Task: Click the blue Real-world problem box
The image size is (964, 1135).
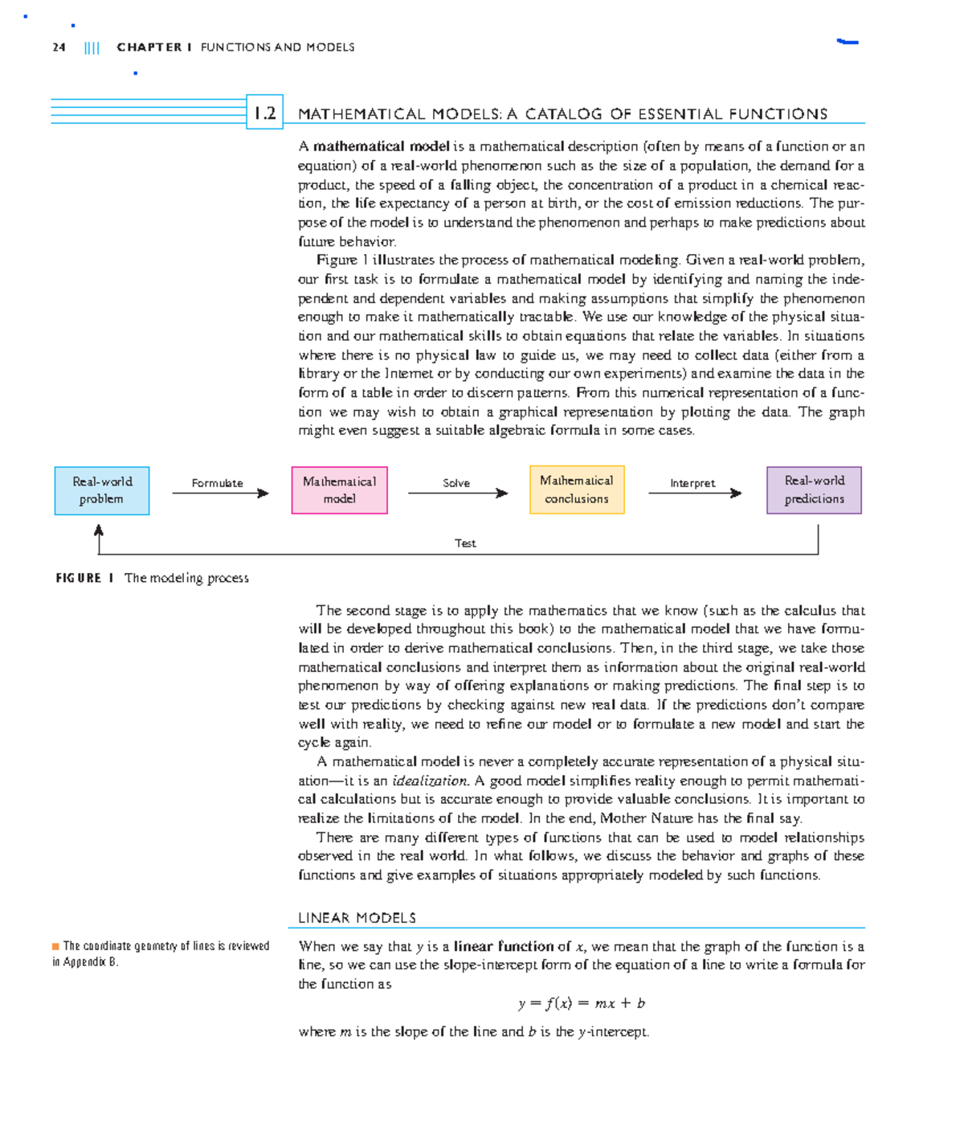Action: [102, 490]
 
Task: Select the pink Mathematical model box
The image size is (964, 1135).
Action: [339, 490]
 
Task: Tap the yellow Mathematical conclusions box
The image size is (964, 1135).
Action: [576, 490]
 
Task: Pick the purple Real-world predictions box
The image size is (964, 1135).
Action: [814, 490]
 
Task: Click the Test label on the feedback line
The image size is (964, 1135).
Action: [465, 543]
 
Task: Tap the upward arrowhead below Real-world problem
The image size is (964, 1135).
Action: [99, 531]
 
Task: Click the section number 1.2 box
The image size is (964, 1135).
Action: [264, 113]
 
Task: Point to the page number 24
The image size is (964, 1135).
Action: [59, 47]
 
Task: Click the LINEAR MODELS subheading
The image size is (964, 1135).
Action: [357, 918]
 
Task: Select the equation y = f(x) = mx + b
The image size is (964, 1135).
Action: [582, 1003]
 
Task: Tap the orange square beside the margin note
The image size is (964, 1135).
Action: [55, 946]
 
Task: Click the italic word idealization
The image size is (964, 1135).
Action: [430, 781]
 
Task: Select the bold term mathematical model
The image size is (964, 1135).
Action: [381, 146]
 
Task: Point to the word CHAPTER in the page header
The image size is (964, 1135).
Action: [149, 47]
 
